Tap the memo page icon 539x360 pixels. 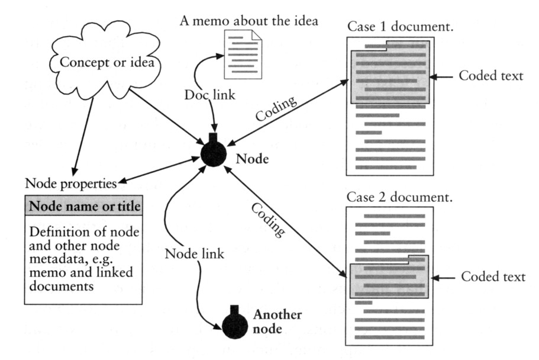point(242,54)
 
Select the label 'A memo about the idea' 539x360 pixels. point(248,22)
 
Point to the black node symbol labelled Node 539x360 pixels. point(213,153)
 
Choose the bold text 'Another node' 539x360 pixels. point(277,321)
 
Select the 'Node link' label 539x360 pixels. point(194,254)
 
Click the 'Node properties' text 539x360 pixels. point(70,181)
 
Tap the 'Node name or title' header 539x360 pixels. point(85,207)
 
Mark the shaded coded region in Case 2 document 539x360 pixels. point(390,278)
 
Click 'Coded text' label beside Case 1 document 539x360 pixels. point(491,76)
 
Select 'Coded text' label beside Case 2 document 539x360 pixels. point(493,277)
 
